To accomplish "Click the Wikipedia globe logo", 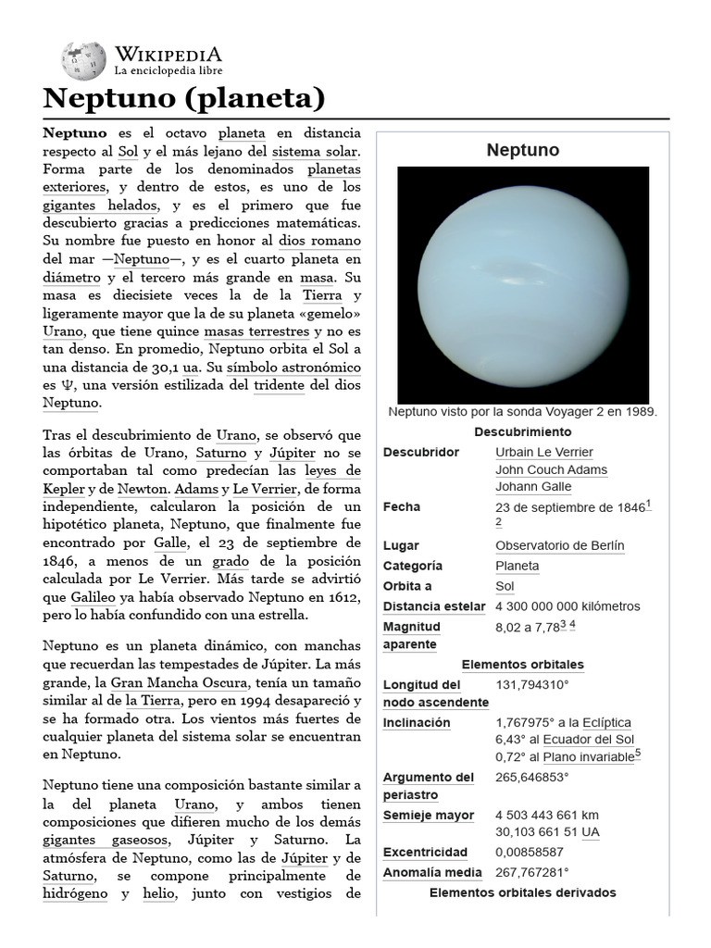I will tap(83, 60).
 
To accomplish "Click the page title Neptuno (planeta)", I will tap(184, 97).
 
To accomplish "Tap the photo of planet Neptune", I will tap(522, 283).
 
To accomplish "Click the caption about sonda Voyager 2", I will tap(522, 412).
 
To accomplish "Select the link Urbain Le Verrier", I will tap(544, 453).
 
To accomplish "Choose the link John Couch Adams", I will tap(551, 469).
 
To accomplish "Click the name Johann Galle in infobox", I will tap(533, 487).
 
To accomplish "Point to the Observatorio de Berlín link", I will tap(559, 546).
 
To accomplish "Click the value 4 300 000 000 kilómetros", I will tap(568, 606).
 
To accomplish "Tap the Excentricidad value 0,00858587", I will tap(530, 853).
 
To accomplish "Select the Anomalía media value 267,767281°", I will tap(532, 873).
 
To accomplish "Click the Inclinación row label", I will tap(417, 723).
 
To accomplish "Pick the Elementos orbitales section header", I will tap(522, 665).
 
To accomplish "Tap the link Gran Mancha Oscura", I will tap(194, 683).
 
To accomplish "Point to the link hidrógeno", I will tap(81, 894).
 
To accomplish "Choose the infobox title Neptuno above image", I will tap(522, 150).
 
